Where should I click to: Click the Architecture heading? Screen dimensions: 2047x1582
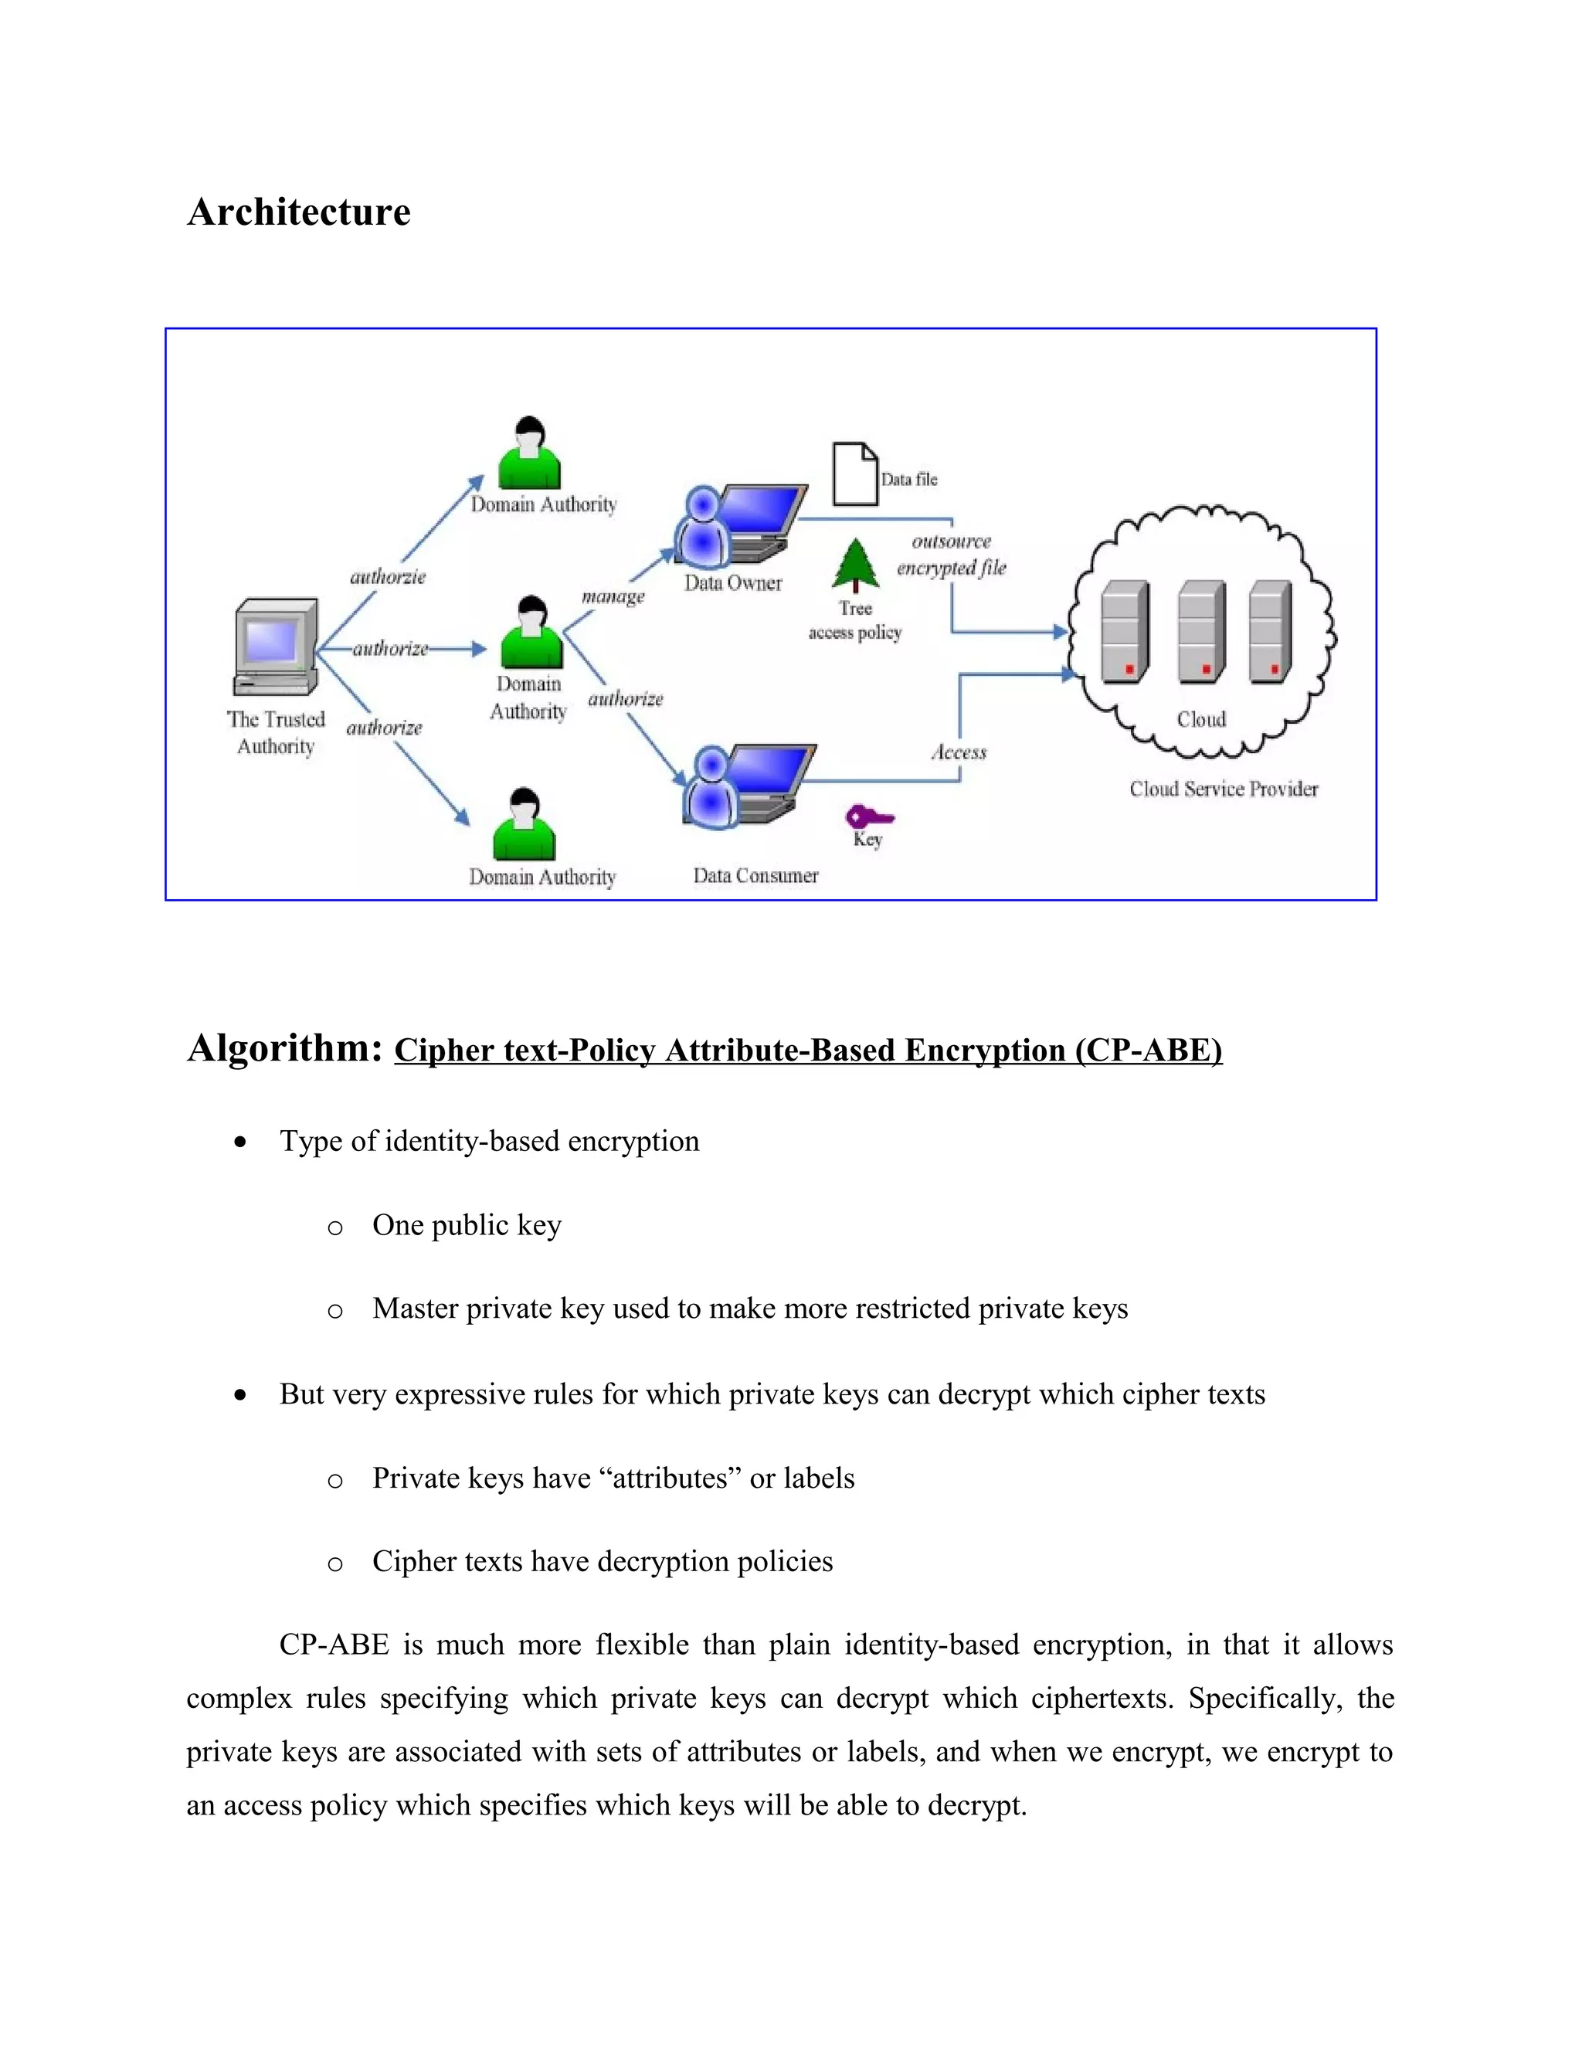coord(298,212)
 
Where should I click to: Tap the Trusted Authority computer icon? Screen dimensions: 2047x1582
coord(276,647)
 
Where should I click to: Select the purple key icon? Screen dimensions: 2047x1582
coord(867,817)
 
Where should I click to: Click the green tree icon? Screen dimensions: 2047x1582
coord(855,565)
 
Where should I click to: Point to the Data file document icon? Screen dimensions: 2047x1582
coord(855,474)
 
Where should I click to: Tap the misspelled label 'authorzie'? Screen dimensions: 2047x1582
coord(387,577)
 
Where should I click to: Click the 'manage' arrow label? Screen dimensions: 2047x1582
coord(613,597)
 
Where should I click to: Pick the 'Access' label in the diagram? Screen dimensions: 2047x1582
coord(958,752)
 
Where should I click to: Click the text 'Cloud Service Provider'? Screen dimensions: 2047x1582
coord(1223,789)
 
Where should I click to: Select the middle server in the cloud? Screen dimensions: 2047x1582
coord(1201,631)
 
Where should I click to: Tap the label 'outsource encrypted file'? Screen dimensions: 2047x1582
coord(951,555)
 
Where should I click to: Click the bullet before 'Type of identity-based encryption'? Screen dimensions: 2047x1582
coord(241,1142)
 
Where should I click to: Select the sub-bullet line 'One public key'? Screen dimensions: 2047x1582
coord(466,1225)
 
